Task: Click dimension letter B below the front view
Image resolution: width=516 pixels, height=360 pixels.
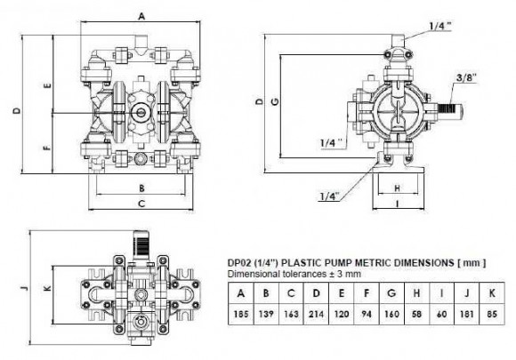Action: click(x=141, y=188)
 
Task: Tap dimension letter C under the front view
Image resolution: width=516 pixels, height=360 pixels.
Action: click(x=141, y=204)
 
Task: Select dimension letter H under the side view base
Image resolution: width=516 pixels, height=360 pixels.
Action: click(x=397, y=188)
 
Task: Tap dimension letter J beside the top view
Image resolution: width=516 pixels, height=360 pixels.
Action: click(x=24, y=287)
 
